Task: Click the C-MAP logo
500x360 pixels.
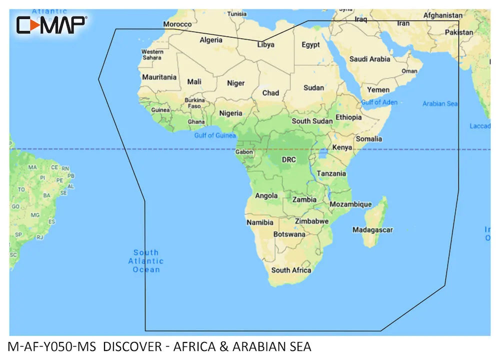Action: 51,24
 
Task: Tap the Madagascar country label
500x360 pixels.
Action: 372,230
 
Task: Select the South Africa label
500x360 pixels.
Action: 291,270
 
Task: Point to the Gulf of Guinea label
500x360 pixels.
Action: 215,135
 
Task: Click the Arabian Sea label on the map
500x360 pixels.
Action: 440,103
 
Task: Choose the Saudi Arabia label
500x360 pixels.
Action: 369,59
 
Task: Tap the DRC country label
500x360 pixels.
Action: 289,160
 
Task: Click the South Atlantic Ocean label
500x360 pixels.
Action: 146,261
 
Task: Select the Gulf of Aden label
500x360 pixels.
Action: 379,102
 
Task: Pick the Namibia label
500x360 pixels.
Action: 260,222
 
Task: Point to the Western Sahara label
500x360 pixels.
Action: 152,54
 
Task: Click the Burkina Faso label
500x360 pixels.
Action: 194,103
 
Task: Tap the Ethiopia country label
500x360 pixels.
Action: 348,117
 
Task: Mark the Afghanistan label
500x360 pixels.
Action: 442,15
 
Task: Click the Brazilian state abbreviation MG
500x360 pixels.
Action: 35,215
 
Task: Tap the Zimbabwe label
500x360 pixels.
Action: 311,221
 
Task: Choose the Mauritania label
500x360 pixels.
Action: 159,77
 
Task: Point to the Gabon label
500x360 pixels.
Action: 244,152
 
